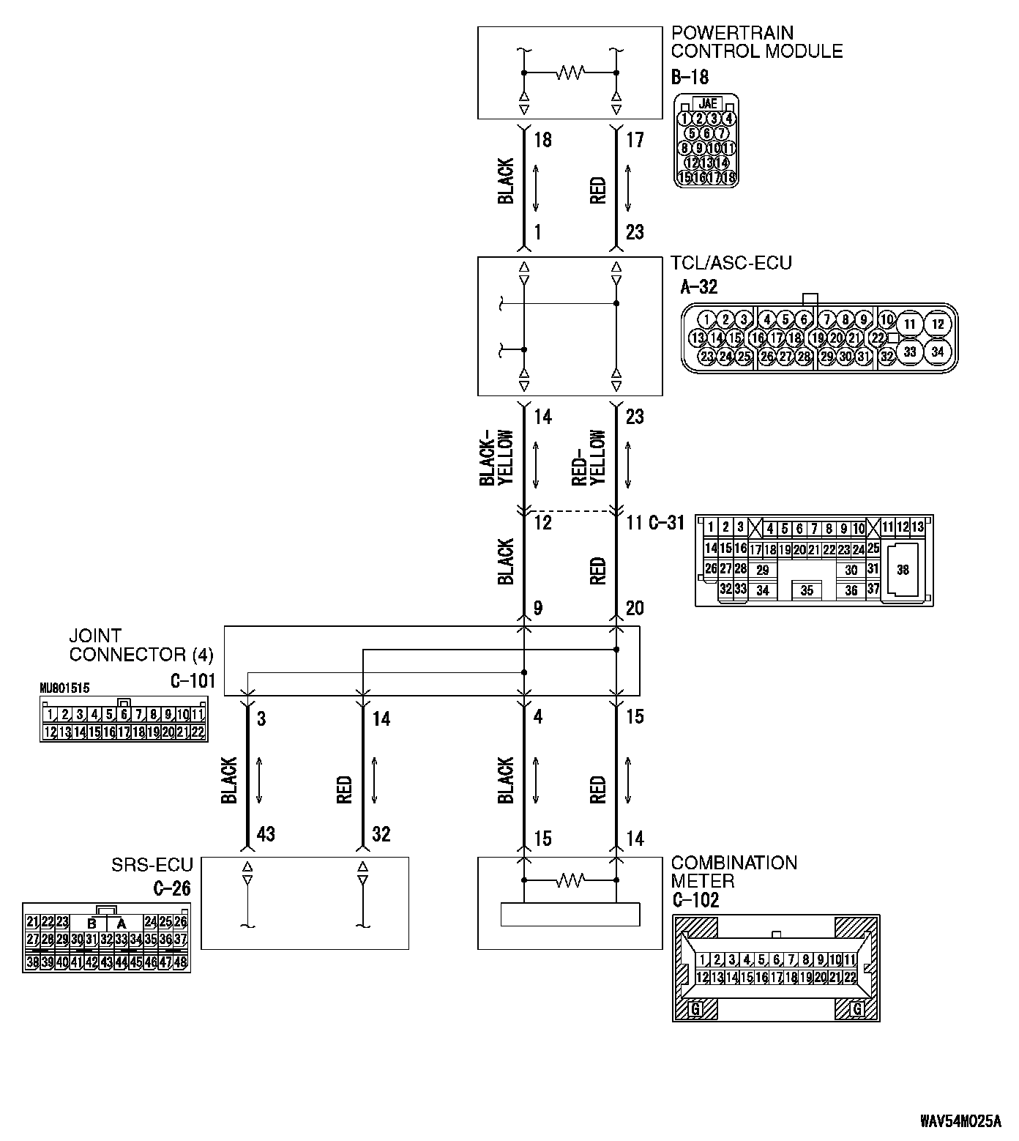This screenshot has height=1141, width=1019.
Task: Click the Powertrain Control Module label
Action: pos(756,42)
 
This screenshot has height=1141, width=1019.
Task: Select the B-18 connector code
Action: pos(690,76)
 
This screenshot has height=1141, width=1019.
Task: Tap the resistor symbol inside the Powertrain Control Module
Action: pos(570,73)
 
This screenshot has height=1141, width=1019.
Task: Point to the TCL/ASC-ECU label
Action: pos(731,263)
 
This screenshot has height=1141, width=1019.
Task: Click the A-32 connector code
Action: pos(698,286)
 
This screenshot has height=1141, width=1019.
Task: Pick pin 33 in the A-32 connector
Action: pos(909,352)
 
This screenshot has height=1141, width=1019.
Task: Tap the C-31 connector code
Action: pos(666,523)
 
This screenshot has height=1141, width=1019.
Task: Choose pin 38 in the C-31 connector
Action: pos(903,569)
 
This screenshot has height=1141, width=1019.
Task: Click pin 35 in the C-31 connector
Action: pos(806,590)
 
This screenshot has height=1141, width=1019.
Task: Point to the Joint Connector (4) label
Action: pos(141,645)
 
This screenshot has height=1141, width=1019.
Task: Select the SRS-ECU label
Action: pos(152,866)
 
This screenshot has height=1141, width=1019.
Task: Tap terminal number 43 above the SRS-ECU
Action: pos(265,834)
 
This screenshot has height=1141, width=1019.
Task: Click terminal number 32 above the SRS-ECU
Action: pos(381,834)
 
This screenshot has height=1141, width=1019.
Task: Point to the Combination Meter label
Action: pos(734,871)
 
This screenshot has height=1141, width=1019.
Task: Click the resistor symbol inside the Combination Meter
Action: pos(570,880)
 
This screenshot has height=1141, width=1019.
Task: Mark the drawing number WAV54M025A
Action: pos(960,1121)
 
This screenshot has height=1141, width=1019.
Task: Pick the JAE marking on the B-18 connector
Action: pos(707,104)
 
